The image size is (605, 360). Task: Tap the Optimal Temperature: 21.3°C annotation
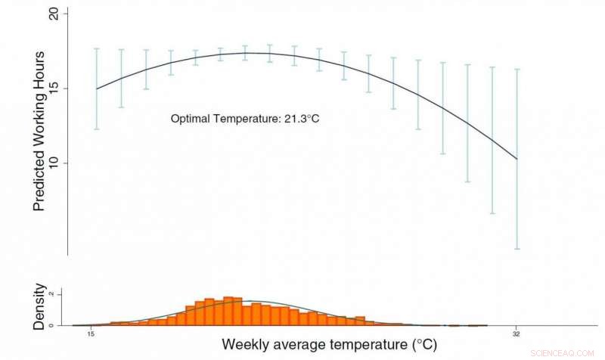coord(240,119)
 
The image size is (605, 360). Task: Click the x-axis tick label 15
coord(91,333)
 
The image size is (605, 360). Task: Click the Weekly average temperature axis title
coord(328,345)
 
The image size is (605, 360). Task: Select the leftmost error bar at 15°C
coord(97,88)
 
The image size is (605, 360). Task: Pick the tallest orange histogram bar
coord(228,311)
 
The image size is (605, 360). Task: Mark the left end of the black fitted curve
coord(97,88)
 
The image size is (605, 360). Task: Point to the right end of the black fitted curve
coord(517,159)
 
